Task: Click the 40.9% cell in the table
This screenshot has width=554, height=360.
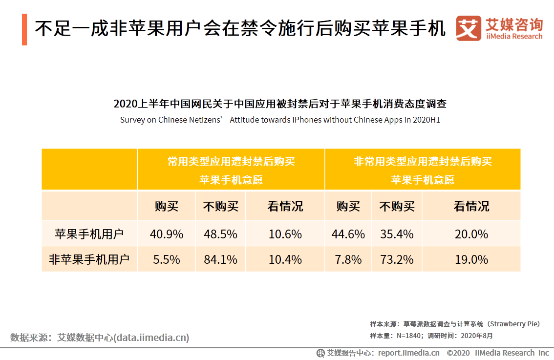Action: click(x=167, y=234)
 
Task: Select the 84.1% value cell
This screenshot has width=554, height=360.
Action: click(x=220, y=260)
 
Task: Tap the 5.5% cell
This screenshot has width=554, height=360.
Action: click(x=167, y=260)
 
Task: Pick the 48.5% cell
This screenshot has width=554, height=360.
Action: click(x=220, y=234)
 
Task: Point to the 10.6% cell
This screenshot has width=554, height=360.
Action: click(x=285, y=234)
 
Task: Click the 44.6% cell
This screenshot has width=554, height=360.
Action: click(x=348, y=234)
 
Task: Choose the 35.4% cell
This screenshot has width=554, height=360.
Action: click(x=397, y=234)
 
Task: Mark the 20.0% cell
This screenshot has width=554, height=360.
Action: click(x=471, y=234)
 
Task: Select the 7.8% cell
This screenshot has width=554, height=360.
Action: click(x=348, y=260)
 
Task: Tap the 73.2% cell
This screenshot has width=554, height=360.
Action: click(x=397, y=260)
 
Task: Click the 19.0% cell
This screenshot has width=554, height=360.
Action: click(x=471, y=260)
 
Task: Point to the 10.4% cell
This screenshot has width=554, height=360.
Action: click(x=285, y=260)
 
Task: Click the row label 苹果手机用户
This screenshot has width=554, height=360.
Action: click(x=89, y=234)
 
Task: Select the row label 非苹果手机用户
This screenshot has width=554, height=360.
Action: click(x=89, y=260)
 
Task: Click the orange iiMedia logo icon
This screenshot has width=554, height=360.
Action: click(x=468, y=29)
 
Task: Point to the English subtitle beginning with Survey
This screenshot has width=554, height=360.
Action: click(x=280, y=120)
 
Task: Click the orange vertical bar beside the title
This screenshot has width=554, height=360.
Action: click(x=24, y=30)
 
